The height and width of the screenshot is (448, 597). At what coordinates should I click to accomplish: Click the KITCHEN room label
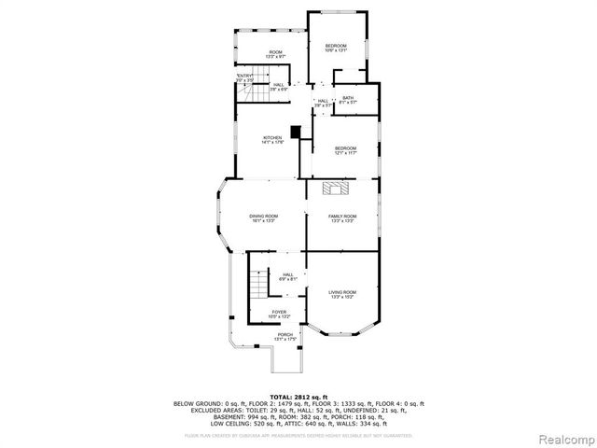[272, 141]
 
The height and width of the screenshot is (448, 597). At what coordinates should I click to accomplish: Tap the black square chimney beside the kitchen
[297, 133]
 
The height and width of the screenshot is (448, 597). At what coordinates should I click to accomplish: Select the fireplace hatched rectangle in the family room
[336, 189]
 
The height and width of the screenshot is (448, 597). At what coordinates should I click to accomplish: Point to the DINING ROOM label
[262, 219]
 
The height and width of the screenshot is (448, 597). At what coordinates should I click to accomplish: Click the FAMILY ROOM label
[342, 219]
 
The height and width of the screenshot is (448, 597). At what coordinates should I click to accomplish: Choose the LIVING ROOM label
[342, 294]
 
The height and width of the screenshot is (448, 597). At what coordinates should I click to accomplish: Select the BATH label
[347, 100]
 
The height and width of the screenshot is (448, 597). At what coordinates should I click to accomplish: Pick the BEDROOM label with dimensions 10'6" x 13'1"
[336, 49]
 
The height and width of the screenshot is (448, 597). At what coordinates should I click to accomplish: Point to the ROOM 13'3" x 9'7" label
[275, 54]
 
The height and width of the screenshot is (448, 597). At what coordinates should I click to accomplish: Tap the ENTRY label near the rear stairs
[244, 77]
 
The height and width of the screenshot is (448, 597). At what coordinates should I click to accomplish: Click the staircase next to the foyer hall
[257, 287]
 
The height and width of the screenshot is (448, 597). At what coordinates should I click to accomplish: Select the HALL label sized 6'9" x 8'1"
[288, 276]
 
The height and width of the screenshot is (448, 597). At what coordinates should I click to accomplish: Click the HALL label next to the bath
[323, 103]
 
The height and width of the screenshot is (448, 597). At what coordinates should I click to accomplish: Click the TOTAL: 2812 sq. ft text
[298, 397]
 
